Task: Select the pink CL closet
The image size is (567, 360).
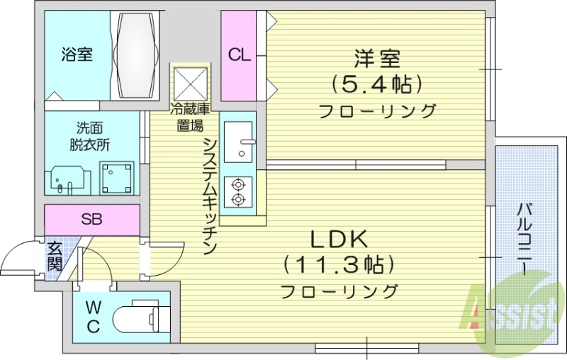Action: tap(239, 56)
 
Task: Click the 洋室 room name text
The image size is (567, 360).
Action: tap(376, 57)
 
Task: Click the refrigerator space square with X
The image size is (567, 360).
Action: tap(190, 84)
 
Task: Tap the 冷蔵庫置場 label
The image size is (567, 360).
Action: tap(189, 118)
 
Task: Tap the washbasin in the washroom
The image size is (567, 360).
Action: tap(69, 181)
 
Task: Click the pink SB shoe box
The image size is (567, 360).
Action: tap(91, 219)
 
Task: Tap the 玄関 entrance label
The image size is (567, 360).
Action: tap(55, 256)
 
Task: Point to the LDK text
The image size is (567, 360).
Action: tap(339, 238)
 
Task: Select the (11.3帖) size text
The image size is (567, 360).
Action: tap(339, 265)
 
